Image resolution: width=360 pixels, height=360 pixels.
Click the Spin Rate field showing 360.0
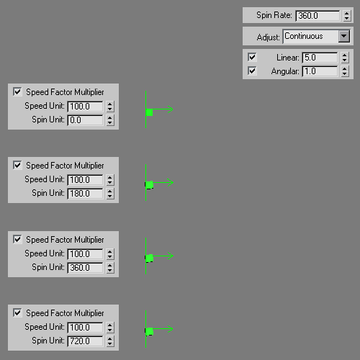318,16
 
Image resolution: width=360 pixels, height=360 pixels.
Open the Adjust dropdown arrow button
344,36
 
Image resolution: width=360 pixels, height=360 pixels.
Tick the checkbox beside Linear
252,58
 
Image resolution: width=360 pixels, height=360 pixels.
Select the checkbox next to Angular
252,71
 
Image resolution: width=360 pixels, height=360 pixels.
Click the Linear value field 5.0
320,58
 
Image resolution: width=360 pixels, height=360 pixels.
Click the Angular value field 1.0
320,71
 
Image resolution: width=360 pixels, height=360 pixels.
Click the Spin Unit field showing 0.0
85,120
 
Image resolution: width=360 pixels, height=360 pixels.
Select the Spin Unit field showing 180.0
85,194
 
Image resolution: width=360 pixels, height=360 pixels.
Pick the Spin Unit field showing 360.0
85,268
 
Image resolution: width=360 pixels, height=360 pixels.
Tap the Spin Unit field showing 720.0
85,341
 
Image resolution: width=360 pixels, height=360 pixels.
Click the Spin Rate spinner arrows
346,16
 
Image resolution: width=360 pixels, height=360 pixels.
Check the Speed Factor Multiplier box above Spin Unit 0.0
17,91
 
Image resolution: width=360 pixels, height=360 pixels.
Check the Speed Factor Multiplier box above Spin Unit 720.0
17,312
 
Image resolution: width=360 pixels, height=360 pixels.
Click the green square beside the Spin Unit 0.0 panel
149,112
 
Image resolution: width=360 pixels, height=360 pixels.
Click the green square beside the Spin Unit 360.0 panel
149,258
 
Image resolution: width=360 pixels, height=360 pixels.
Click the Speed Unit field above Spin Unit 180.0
85,180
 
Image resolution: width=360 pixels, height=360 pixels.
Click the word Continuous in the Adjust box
304,36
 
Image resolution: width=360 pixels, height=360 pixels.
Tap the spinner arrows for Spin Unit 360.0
110,268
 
